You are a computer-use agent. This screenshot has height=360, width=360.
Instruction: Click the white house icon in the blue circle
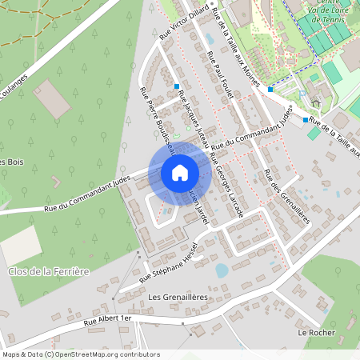(180, 172)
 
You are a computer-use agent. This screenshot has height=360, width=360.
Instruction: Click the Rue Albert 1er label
(107, 319)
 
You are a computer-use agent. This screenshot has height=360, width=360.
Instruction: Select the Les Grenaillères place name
(178, 297)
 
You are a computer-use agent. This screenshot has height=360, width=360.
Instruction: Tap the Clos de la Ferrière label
(47, 272)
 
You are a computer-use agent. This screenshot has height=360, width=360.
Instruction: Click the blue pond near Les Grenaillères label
(222, 270)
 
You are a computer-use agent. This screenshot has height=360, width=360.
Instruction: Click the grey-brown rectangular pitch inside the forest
(54, 98)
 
